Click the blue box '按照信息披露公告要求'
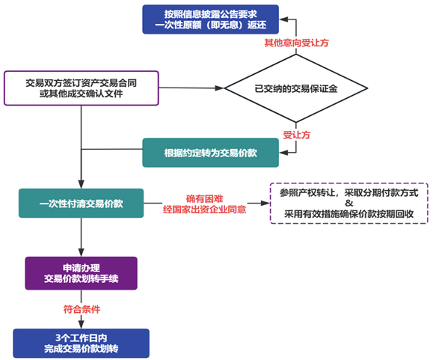pos(210,19)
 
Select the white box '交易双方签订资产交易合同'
pos(82,88)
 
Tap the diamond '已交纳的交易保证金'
pos(296,88)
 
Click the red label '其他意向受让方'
pos(296,43)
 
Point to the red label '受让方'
pos(296,135)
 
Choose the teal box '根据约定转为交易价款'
pos(210,153)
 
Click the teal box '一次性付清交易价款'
pos(82,204)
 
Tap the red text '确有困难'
pos(205,198)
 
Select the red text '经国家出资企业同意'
pos(205,210)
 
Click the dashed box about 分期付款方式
pos(349,204)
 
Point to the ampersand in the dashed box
pos(349,203)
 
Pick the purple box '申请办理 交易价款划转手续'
pos(82,273)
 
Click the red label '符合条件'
pos(82,309)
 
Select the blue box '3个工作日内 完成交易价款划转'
pos(82,344)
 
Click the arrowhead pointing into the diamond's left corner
pos(220,88)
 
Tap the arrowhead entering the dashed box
pos(265,204)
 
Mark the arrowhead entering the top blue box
pos(283,19)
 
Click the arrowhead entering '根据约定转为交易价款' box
pos(283,153)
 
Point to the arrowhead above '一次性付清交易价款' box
pos(82,184)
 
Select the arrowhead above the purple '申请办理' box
pos(82,252)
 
